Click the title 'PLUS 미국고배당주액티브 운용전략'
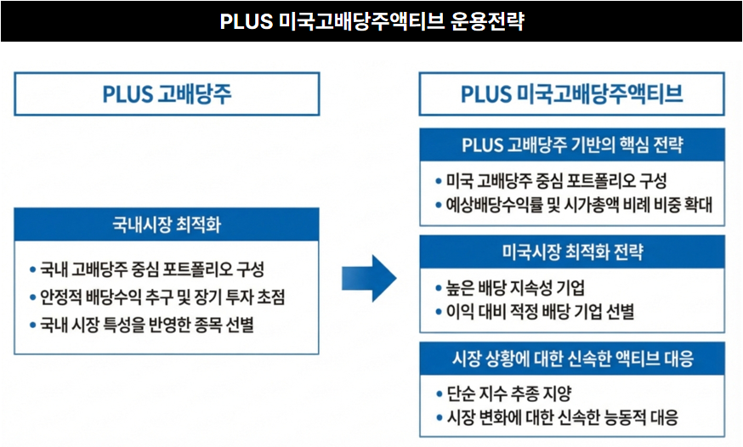(x=371, y=21)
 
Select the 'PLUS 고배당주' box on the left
(x=167, y=93)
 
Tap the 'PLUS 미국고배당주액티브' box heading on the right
(x=571, y=93)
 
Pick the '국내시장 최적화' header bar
(x=167, y=225)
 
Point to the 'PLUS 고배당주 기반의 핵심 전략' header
(x=571, y=144)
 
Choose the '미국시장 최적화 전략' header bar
(x=571, y=252)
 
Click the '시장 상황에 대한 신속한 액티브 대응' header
(x=571, y=359)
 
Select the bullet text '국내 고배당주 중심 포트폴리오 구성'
(x=152, y=269)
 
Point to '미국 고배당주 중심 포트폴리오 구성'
(x=556, y=180)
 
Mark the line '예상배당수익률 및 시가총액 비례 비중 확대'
(x=578, y=205)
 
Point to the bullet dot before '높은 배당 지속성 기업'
(x=438, y=287)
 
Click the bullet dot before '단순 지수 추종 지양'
(x=438, y=393)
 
